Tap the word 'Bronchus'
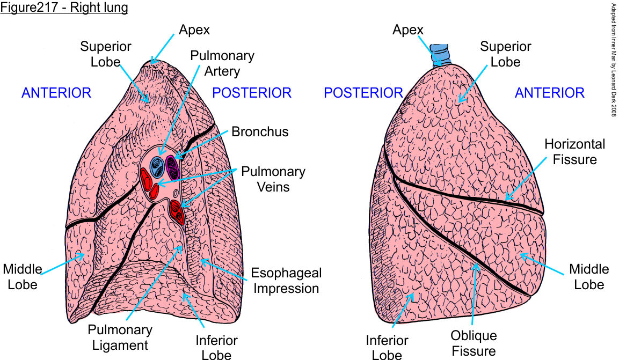pyautogui.click(x=260, y=131)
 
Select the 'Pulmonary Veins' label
pyautogui.click(x=273, y=179)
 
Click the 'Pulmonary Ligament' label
pyautogui.click(x=121, y=337)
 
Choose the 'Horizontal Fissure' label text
pyautogui.click(x=574, y=151)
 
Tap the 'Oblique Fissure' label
pyautogui.click(x=474, y=343)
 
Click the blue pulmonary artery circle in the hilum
pyautogui.click(x=157, y=166)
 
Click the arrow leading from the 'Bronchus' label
pyautogui.click(x=203, y=145)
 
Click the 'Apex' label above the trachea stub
pyautogui.click(x=408, y=30)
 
